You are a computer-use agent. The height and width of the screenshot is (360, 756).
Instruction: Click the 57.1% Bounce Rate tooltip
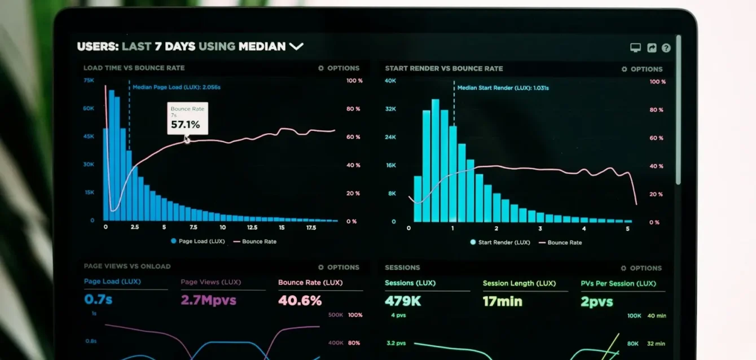pyautogui.click(x=187, y=118)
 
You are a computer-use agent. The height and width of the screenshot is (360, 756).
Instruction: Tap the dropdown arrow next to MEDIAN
pyautogui.click(x=296, y=46)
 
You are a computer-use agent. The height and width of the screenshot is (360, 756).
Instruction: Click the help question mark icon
pyautogui.click(x=666, y=48)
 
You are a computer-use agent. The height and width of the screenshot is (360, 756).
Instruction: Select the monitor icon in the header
pyautogui.click(x=635, y=48)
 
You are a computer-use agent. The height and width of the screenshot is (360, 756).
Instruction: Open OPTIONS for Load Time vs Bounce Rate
pyautogui.click(x=339, y=68)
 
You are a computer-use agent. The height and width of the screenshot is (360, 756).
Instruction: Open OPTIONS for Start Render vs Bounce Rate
pyautogui.click(x=642, y=69)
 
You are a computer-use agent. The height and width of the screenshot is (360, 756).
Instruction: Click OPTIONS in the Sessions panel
pyautogui.click(x=641, y=269)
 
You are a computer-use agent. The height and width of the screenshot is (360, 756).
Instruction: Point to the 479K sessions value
pyautogui.click(x=403, y=301)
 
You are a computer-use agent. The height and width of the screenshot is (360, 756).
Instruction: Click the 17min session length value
pyautogui.click(x=502, y=302)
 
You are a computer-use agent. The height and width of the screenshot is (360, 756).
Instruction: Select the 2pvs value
pyautogui.click(x=596, y=302)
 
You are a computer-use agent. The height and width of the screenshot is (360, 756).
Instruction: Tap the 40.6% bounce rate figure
pyautogui.click(x=300, y=300)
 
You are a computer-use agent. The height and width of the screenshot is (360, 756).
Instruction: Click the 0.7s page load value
pyautogui.click(x=98, y=299)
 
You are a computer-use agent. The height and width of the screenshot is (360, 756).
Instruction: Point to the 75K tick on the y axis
pyautogui.click(x=89, y=81)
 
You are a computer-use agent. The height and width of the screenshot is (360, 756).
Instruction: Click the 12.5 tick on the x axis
pyautogui.click(x=252, y=227)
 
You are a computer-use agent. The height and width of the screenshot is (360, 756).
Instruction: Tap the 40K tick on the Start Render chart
pyautogui.click(x=390, y=81)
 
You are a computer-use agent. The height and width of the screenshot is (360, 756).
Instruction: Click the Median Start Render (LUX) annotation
pyautogui.click(x=503, y=88)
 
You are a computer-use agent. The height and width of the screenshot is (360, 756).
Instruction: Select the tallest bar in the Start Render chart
pyautogui.click(x=436, y=161)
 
